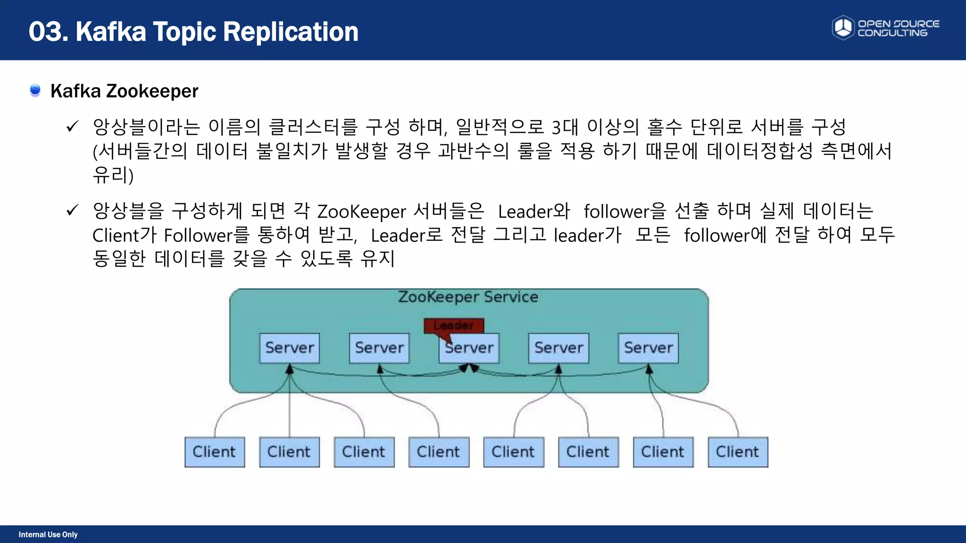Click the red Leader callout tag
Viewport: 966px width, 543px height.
[454, 326]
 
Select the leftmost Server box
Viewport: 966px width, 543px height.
[290, 348]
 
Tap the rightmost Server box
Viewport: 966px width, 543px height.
[648, 348]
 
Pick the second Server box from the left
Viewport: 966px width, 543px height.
[379, 348]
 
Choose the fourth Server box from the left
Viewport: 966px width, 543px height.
[558, 348]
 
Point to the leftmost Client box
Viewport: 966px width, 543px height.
[215, 452]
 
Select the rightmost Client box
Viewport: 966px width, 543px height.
[738, 452]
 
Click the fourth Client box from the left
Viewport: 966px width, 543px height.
[439, 452]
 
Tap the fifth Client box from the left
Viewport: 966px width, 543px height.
[514, 452]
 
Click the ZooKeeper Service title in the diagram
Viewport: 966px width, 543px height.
[468, 297]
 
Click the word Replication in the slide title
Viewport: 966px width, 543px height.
[291, 32]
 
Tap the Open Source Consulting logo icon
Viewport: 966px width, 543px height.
[843, 27]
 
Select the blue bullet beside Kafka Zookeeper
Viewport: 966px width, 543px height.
[35, 90]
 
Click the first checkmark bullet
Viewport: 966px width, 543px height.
[72, 126]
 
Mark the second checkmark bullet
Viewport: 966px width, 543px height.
[72, 210]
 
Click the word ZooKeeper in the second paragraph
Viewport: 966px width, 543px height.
[361, 212]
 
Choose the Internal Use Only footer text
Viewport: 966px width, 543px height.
[48, 535]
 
